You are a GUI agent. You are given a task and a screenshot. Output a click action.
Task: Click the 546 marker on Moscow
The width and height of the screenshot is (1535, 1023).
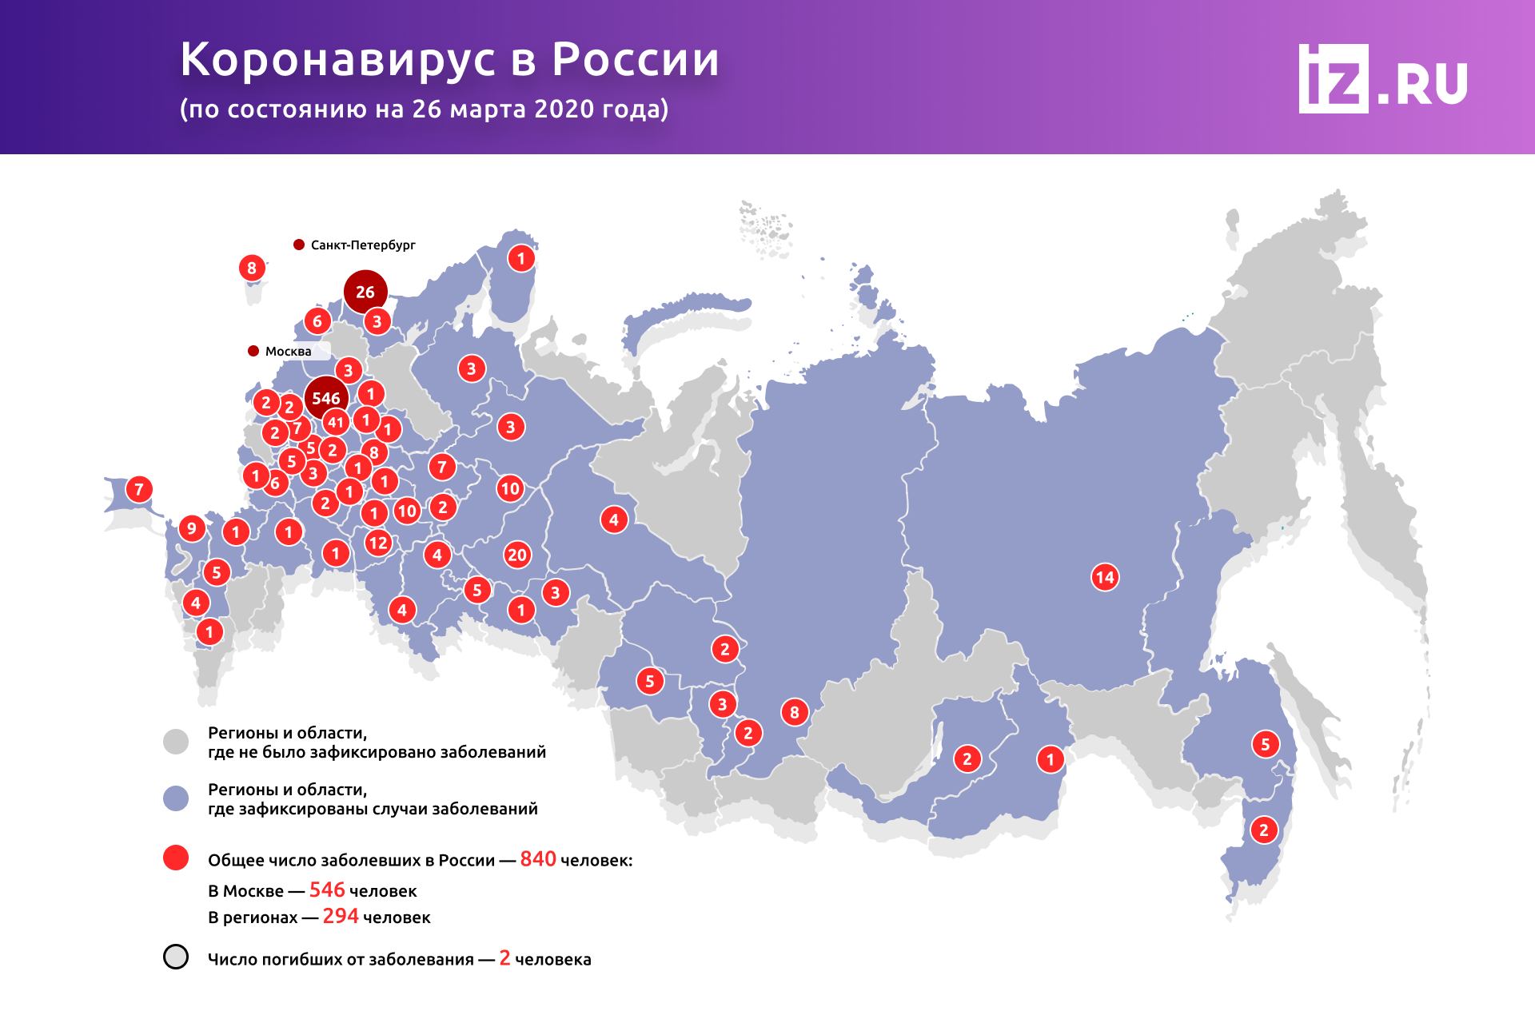[x=326, y=398]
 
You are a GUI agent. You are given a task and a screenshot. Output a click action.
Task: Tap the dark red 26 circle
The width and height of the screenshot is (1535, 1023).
[x=365, y=292]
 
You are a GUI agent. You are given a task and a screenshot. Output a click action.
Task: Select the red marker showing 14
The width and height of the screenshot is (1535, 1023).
[x=1105, y=577]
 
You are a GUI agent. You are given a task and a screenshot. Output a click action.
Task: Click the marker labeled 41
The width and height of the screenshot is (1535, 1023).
[x=336, y=422]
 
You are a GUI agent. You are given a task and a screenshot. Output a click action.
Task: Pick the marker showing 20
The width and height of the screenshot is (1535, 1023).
[x=517, y=555]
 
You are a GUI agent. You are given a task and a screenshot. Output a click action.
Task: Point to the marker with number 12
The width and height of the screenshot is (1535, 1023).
[x=377, y=543]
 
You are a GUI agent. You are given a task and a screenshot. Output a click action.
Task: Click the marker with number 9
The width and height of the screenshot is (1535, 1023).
[x=191, y=528]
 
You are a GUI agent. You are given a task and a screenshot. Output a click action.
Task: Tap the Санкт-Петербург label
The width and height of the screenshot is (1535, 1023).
[x=362, y=245]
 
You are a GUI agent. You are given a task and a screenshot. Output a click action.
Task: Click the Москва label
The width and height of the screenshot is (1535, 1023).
[x=288, y=352]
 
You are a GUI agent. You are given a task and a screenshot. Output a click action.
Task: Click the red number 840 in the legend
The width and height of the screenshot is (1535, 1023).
[x=538, y=859]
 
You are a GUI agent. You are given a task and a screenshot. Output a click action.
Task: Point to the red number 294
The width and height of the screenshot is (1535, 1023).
[x=341, y=917]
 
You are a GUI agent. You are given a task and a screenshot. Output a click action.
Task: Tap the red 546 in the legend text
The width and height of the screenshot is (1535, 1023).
[x=327, y=890]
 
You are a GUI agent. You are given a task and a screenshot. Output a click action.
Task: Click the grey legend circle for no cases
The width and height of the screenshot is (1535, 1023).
[x=176, y=741]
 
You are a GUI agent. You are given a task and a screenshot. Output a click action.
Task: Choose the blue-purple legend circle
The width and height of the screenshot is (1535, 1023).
[x=176, y=798]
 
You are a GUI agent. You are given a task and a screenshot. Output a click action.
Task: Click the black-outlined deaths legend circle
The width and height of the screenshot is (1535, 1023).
[x=176, y=957]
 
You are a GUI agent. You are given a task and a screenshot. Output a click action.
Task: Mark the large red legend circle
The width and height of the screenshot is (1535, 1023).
[x=176, y=858]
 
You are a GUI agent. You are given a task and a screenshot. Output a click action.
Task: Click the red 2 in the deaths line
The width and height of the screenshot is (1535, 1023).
[x=504, y=958]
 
